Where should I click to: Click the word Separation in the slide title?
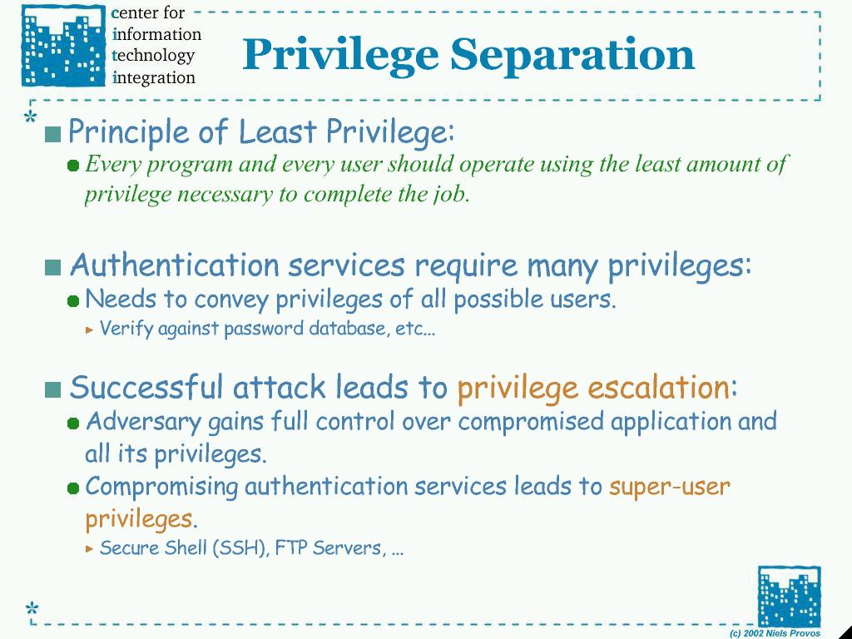tap(572, 55)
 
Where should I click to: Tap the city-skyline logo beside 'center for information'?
tap(63, 45)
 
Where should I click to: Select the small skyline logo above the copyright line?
tap(789, 596)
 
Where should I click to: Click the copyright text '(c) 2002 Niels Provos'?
tap(775, 633)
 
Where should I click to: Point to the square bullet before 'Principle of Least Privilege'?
tap(52, 134)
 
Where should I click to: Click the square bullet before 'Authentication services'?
tap(52, 267)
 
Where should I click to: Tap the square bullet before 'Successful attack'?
tap(52, 389)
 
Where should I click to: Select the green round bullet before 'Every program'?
tap(73, 166)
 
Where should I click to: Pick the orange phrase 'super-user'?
tap(670, 486)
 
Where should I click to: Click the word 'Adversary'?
tap(143, 422)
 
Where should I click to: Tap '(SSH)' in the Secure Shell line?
tap(241, 547)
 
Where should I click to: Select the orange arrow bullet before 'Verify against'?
tap(90, 329)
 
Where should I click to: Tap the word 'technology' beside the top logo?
tap(153, 56)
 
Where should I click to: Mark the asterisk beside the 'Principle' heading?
tap(31, 116)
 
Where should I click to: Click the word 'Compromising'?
tap(162, 487)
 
